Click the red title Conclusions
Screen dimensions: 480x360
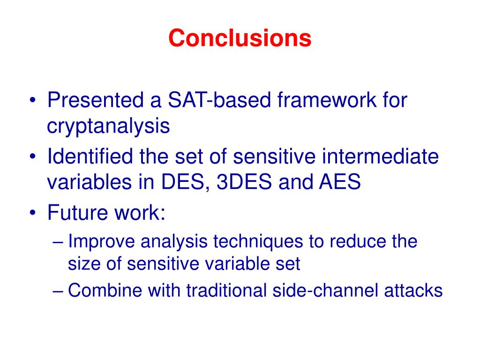point(240,38)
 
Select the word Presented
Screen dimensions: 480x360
point(95,100)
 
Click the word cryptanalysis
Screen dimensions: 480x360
point(108,126)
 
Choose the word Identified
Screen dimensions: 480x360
point(90,156)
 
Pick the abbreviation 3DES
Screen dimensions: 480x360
point(244,181)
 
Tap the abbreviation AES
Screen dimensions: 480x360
point(340,181)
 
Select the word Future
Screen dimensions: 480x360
point(77,212)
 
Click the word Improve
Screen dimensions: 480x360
point(101,241)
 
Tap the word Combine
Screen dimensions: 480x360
point(105,290)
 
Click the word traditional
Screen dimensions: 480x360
point(226,290)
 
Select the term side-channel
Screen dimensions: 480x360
point(325,290)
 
